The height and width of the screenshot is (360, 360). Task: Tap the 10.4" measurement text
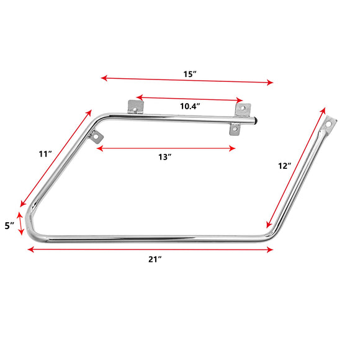tap(189, 106)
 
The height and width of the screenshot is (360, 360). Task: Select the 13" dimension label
tap(164, 157)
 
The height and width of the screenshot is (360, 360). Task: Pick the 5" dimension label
tap(9, 226)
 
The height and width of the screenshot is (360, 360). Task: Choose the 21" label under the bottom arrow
tap(155, 259)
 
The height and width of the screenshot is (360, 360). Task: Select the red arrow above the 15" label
tap(186, 80)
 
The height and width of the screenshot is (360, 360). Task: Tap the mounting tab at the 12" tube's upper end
tap(328, 122)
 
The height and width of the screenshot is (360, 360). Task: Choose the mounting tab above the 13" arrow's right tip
tap(235, 129)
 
